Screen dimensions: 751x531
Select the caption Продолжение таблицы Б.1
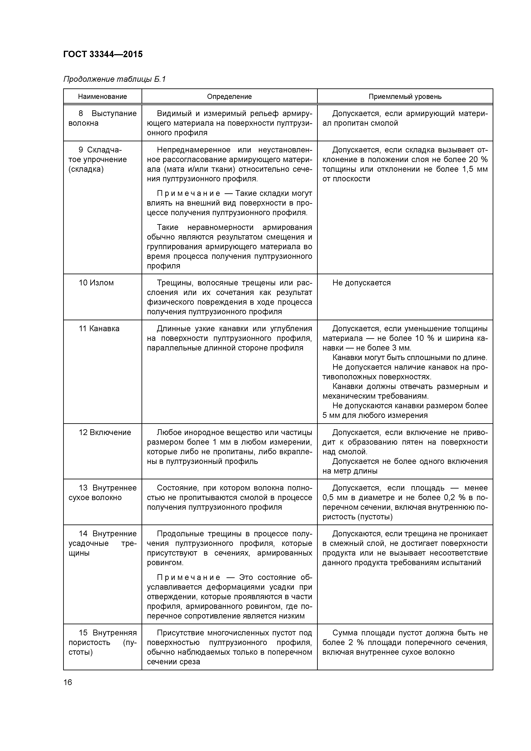[115, 79]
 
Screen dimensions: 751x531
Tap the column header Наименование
[102, 97]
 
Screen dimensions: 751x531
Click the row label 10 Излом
[96, 283]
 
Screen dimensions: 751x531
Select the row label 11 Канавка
[99, 328]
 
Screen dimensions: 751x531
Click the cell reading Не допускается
[361, 283]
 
